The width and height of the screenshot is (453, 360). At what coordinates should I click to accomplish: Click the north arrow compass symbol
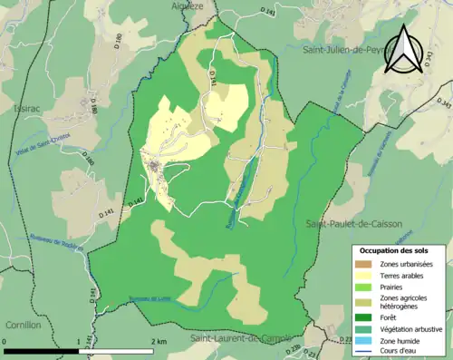[x=404, y=49]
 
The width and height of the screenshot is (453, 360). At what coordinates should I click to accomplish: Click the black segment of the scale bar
[x=41, y=349]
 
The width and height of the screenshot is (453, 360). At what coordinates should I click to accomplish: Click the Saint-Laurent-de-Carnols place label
[x=240, y=338]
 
